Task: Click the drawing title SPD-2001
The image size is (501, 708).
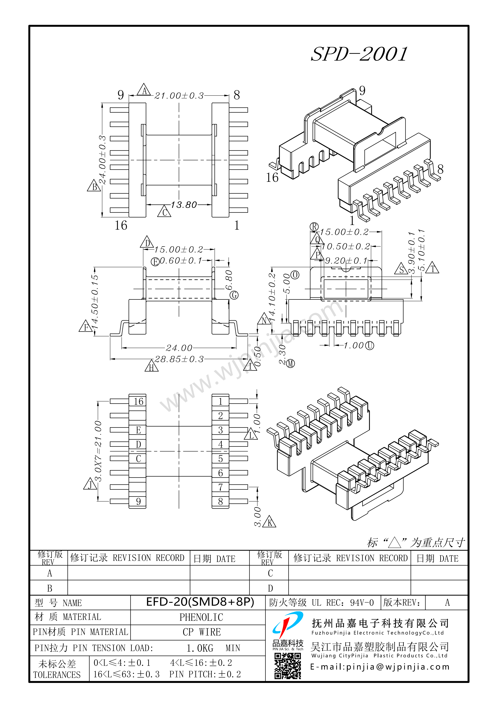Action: pyautogui.click(x=359, y=55)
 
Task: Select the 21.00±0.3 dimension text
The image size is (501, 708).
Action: pyautogui.click(x=179, y=96)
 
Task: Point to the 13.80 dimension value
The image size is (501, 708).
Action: pyautogui.click(x=184, y=205)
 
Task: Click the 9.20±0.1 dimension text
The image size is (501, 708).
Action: pyautogui.click(x=346, y=261)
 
